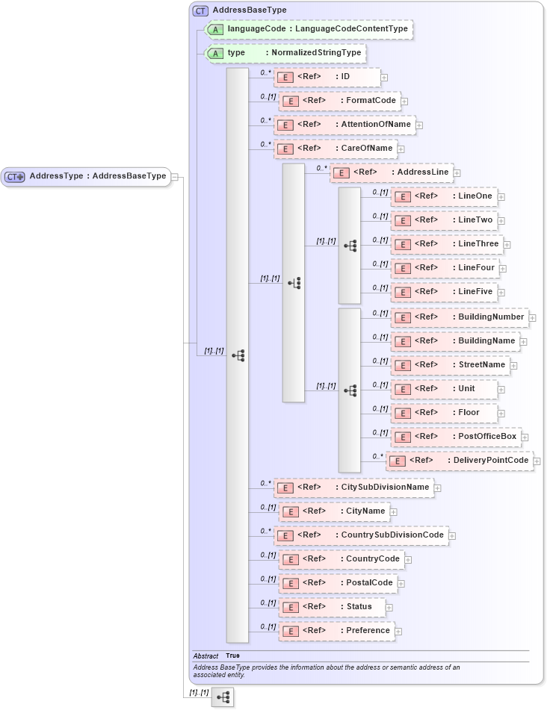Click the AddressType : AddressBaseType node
pos(86,176)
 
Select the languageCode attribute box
pos(309,29)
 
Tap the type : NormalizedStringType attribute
pos(286,53)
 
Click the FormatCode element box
pos(339,101)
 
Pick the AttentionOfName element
pos(344,125)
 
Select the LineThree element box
pos(447,244)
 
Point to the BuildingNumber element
pos(459,317)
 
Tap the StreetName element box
pos(451,365)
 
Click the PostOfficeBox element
pos(455,437)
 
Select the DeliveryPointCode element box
pos(460,461)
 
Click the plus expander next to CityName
pos(394,512)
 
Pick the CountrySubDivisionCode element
pos(361,535)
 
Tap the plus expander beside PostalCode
pos(401,584)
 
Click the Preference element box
pos(336,631)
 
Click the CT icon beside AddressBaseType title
pos(200,10)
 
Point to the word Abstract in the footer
pos(205,655)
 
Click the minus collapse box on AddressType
pos(174,177)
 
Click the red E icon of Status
pos(291,608)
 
